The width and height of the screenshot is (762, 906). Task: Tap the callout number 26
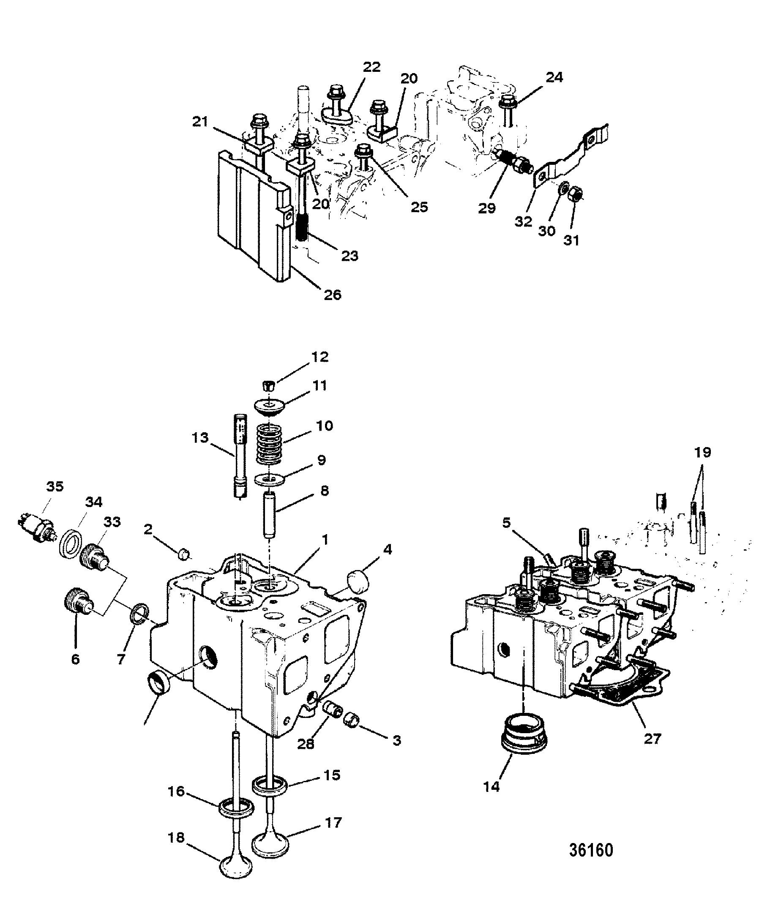click(332, 295)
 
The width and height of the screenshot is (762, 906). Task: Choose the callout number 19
click(702, 453)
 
